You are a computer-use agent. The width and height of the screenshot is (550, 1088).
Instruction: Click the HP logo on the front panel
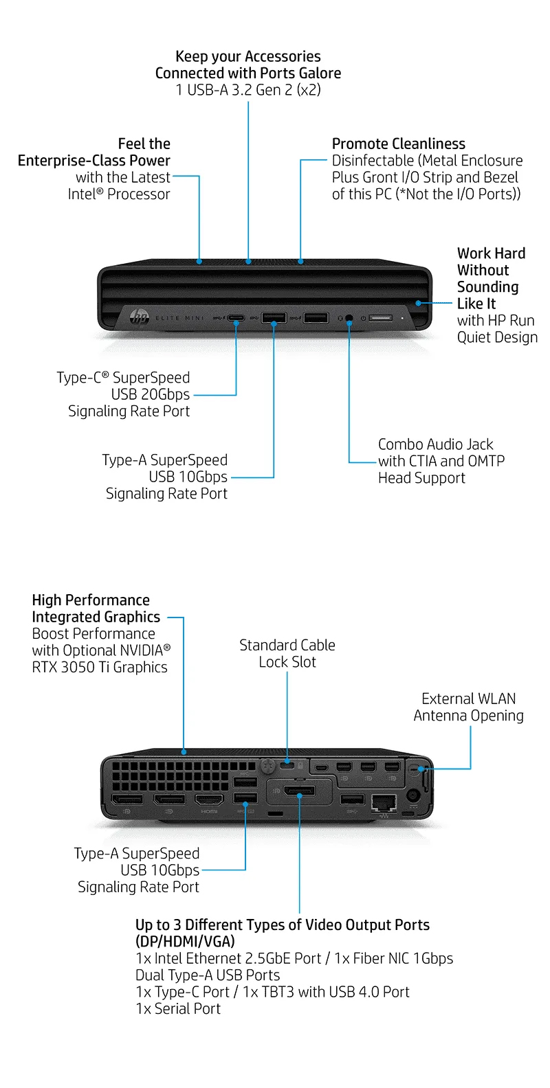140,317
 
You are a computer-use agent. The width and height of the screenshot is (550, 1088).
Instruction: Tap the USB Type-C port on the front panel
236,318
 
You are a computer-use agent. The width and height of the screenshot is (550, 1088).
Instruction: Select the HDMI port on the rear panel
210,800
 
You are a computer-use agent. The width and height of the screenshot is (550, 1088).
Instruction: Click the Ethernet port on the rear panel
384,801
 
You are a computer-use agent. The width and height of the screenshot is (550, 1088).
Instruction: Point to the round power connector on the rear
414,795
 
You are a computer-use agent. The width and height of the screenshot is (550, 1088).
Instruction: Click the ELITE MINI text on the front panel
180,318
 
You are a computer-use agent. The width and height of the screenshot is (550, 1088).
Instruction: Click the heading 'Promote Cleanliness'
398,144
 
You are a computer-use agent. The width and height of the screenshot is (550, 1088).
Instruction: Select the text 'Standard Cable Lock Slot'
287,653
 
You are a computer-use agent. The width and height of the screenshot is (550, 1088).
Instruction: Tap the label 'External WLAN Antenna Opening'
468,707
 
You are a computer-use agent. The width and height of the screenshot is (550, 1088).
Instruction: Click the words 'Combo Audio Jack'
435,444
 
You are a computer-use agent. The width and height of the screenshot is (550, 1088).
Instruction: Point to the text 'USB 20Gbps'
151,394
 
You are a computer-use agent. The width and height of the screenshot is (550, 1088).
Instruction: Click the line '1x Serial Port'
178,1008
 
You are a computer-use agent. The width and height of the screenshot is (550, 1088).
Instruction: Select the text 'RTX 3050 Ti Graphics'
100,667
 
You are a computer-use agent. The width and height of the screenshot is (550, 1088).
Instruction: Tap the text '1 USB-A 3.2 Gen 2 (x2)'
248,89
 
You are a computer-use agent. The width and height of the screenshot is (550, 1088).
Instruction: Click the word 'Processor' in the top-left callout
138,194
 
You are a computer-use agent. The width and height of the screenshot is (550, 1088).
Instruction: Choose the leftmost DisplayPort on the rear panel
128,800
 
